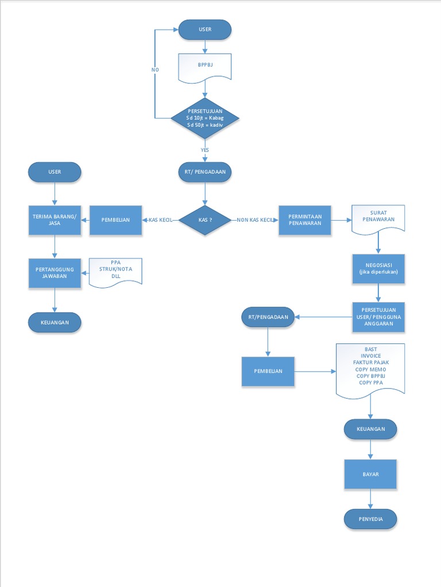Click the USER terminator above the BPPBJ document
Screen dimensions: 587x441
(205, 29)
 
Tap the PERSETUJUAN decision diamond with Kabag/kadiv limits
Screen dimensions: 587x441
(205, 118)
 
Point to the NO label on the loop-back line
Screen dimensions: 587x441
(155, 69)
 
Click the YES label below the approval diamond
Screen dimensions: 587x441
(205, 150)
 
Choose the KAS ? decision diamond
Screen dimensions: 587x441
(205, 220)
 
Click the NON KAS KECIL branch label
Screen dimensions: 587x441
(255, 220)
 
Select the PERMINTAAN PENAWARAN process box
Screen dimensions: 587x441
(305, 220)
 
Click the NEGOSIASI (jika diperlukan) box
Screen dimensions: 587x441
(378, 268)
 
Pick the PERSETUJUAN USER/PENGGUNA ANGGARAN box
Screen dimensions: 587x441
(378, 317)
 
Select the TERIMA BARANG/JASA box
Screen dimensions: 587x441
(55, 220)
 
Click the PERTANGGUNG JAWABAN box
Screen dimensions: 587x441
(55, 272)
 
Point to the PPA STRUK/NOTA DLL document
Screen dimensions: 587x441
(116, 272)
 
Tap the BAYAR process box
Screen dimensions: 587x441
(370, 475)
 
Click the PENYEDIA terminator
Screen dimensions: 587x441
(370, 519)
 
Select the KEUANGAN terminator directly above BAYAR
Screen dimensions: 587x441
(370, 429)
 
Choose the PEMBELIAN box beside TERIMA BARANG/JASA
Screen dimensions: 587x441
(115, 220)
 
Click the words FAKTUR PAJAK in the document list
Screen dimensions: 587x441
(370, 363)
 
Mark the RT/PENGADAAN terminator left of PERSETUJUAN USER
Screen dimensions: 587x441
(268, 317)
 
